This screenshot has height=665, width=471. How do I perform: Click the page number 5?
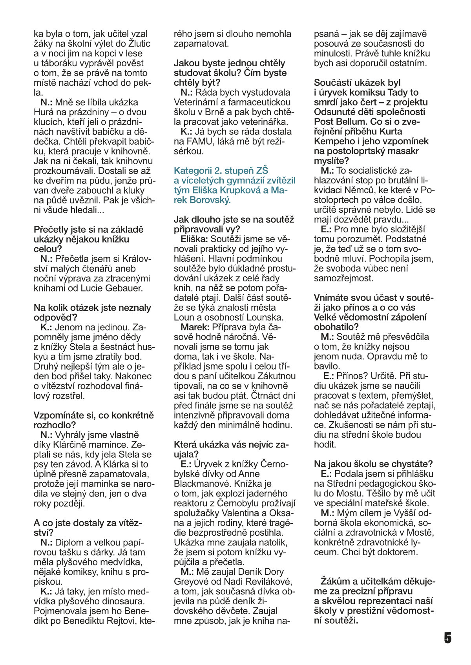[x=447, y=638]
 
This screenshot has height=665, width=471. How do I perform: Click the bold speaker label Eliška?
[x=194, y=239]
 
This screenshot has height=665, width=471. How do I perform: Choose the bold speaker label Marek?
[x=195, y=327]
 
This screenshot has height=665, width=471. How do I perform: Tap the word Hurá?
[x=44, y=112]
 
